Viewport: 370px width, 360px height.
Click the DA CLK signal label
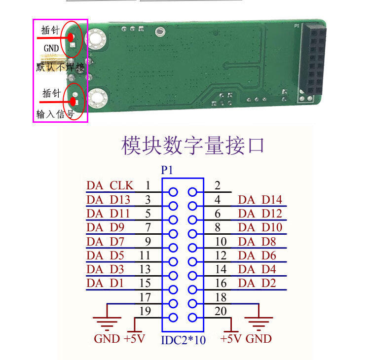(x=110, y=185)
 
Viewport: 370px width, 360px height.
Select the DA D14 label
(x=260, y=200)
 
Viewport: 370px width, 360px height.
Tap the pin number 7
(x=148, y=227)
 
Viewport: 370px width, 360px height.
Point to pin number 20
(x=221, y=311)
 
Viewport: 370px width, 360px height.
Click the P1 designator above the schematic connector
(x=167, y=170)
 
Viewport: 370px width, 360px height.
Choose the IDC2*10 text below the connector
(x=183, y=340)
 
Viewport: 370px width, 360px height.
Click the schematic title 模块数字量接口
(x=192, y=145)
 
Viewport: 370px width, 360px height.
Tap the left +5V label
(x=135, y=339)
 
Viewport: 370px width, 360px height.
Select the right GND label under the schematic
(x=259, y=339)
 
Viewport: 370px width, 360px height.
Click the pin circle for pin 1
(x=173, y=192)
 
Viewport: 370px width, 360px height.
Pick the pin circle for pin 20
(x=192, y=318)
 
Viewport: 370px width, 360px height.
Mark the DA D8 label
(x=257, y=242)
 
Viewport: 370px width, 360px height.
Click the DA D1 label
(x=105, y=283)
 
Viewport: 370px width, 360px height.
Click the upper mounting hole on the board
(x=97, y=39)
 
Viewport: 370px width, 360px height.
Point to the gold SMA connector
(x=54, y=60)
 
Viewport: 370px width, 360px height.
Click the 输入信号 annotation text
(x=55, y=114)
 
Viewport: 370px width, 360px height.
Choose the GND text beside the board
(x=51, y=48)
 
